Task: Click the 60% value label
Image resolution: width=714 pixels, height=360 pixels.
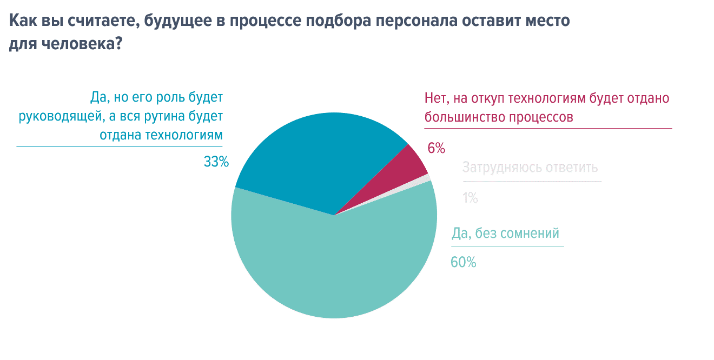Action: (463, 262)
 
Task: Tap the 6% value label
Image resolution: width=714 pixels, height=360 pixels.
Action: (436, 148)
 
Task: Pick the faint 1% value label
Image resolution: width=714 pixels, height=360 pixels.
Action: (470, 198)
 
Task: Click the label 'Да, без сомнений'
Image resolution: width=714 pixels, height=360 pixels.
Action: (505, 234)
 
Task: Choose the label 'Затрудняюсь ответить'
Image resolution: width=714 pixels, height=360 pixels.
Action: (530, 167)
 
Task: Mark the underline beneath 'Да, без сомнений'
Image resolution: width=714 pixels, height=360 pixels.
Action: (507, 246)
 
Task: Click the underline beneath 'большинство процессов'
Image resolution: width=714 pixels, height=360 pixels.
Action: (547, 128)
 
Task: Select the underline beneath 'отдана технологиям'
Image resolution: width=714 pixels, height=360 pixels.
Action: (119, 146)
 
